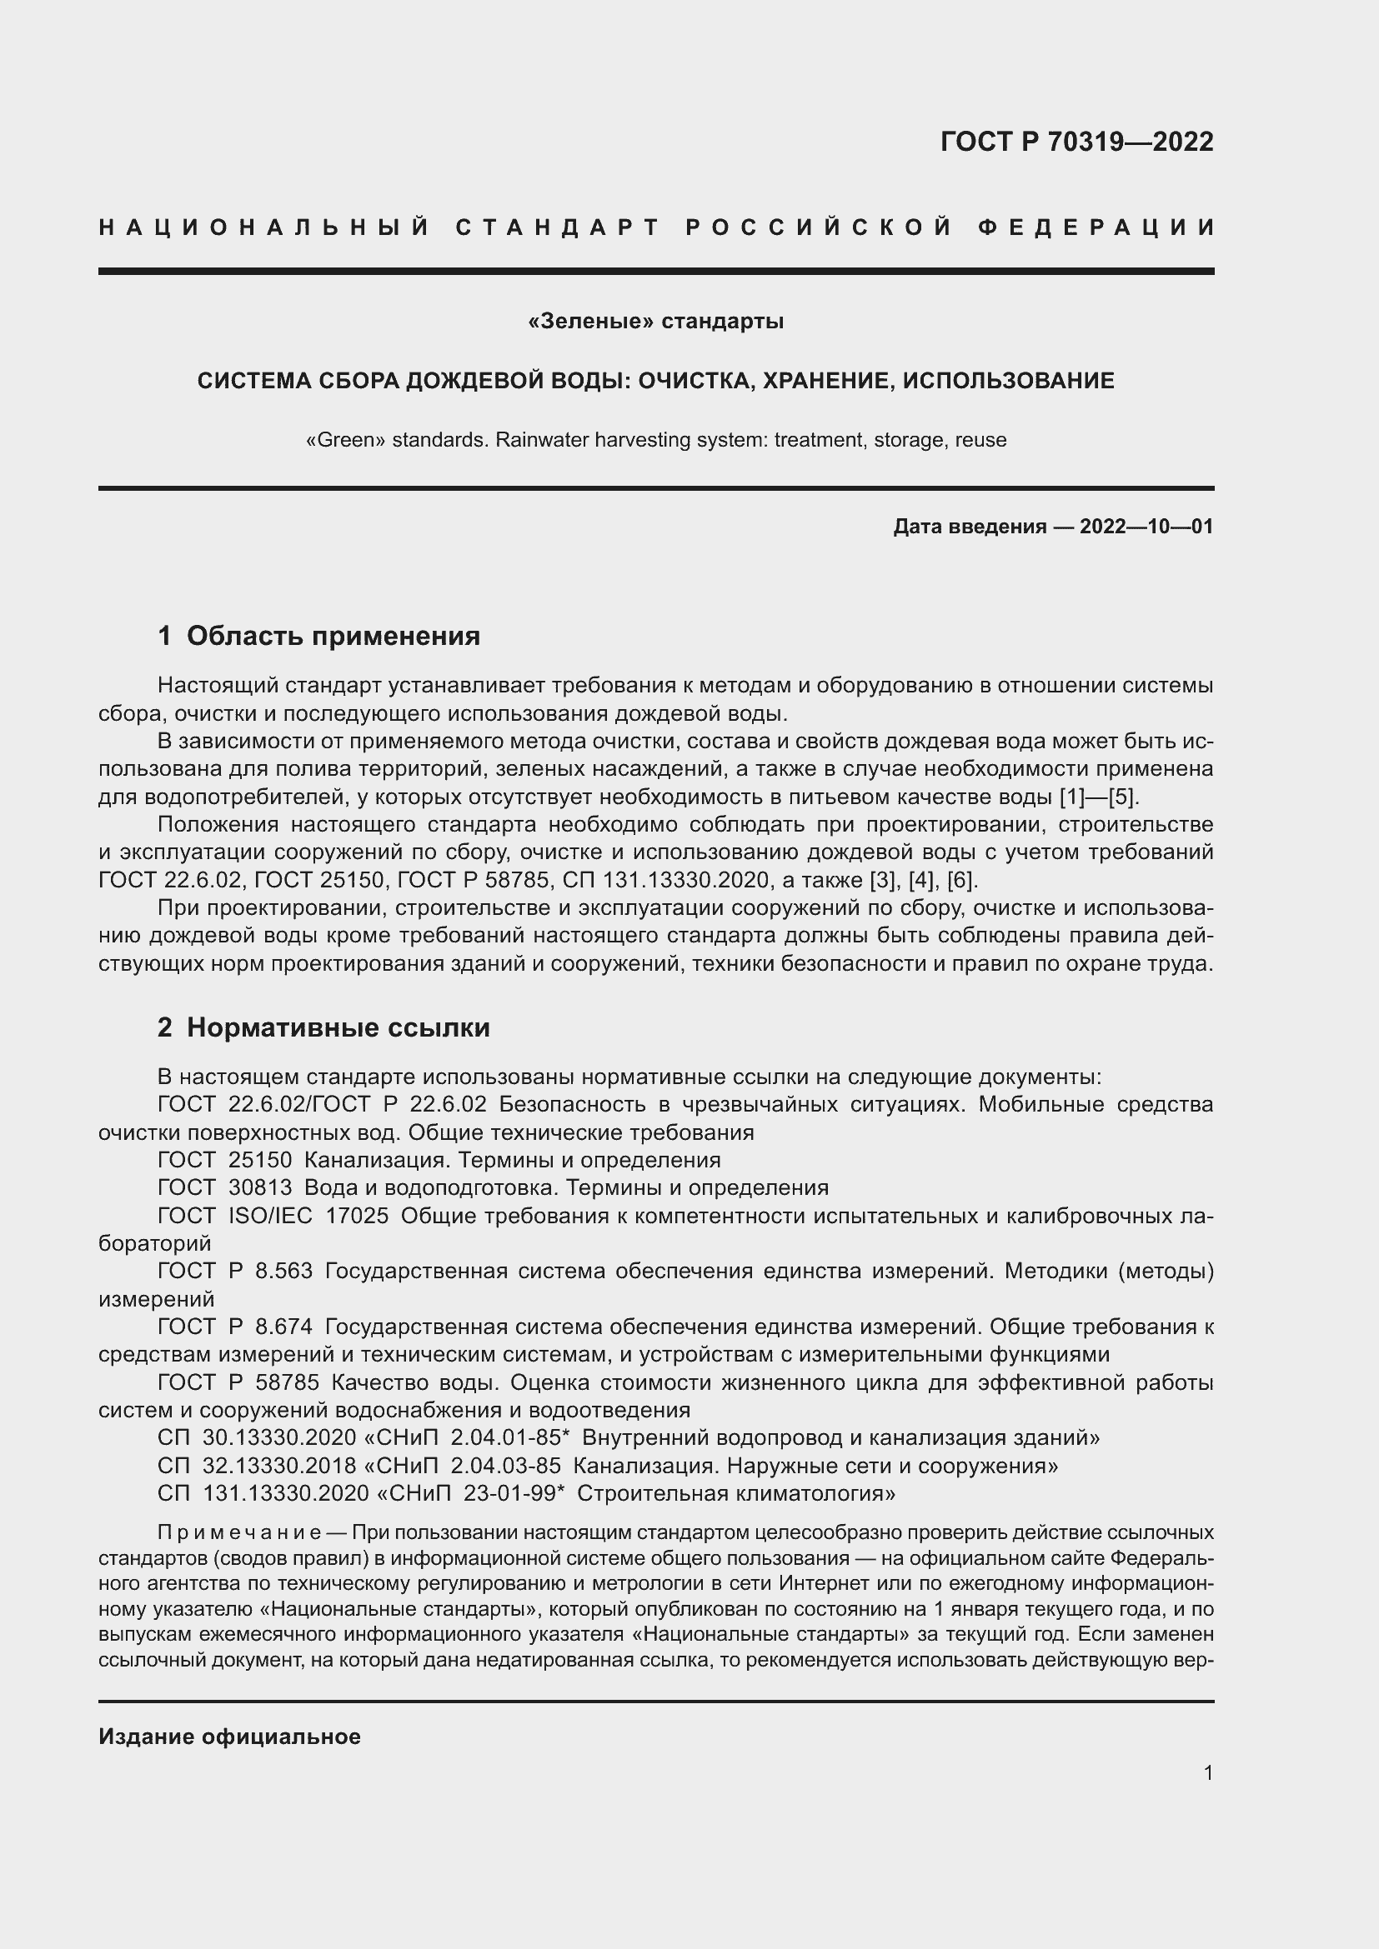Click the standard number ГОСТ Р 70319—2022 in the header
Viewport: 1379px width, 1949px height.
[x=1076, y=141]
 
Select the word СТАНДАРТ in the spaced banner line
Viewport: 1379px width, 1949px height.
[x=558, y=227]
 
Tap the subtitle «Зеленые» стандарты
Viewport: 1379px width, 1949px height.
[x=655, y=322]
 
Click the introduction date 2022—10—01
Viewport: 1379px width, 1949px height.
[x=1146, y=527]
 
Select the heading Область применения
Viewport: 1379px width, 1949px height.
[x=333, y=635]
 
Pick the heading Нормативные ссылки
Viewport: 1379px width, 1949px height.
[x=338, y=1027]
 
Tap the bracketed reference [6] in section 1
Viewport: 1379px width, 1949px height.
[x=961, y=879]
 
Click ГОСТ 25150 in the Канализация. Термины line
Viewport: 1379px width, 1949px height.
[x=225, y=1160]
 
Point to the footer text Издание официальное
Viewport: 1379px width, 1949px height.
[x=229, y=1736]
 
